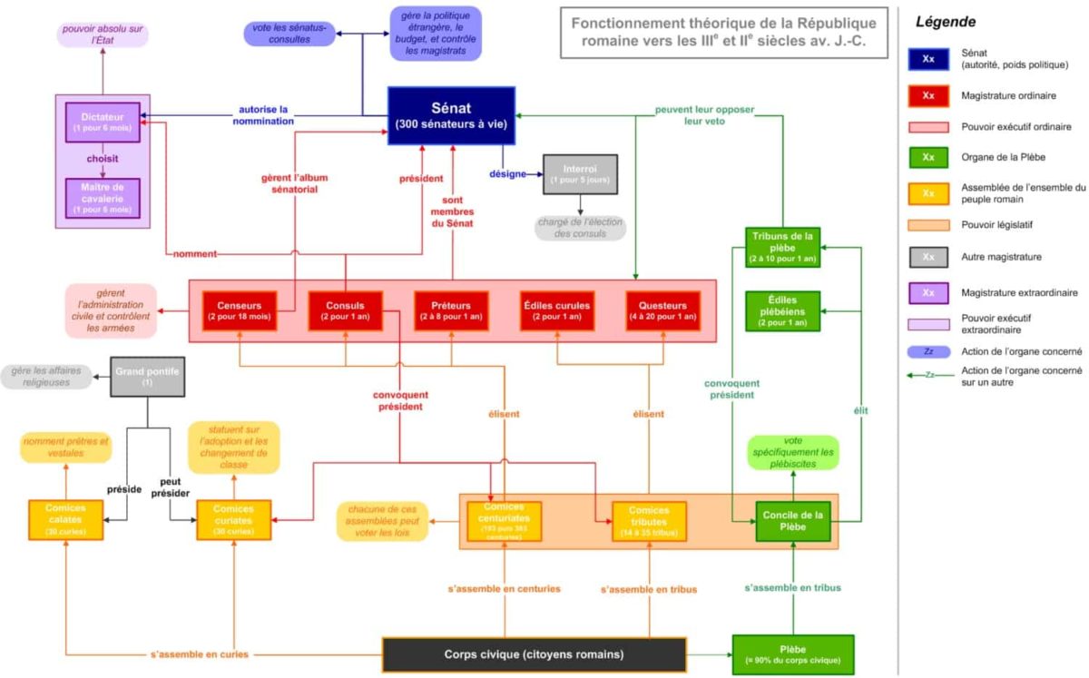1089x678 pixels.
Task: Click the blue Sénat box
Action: [451, 115]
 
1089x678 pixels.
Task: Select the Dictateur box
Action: [103, 122]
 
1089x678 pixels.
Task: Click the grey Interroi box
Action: [580, 173]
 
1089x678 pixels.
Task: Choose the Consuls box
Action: [346, 310]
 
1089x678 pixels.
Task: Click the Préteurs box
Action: [451, 310]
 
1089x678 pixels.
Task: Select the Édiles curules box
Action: [556, 310]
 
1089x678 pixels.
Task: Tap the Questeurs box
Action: [662, 310]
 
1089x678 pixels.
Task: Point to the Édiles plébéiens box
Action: [782, 310]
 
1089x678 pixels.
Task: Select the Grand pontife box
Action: [148, 377]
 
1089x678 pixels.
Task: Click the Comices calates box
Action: [66, 520]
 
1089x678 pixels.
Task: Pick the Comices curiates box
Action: [234, 520]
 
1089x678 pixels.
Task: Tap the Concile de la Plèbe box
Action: [793, 521]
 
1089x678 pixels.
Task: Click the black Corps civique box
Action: [534, 654]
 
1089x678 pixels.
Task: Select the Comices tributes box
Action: [649, 521]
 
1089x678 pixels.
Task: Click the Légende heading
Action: [947, 22]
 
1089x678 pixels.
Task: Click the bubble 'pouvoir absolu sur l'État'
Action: [103, 35]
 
